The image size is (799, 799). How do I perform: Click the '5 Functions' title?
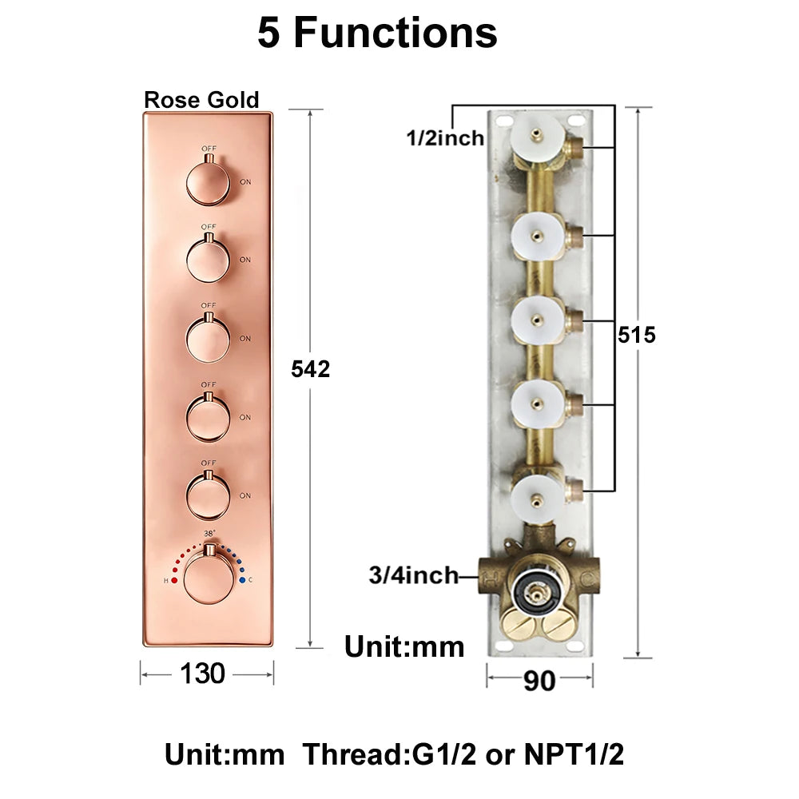tap(377, 33)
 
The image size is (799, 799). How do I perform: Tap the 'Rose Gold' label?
tap(201, 99)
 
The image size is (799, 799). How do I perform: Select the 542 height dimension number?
tap(310, 369)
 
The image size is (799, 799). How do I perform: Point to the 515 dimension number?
tap(637, 335)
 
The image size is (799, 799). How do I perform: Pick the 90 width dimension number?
tap(539, 681)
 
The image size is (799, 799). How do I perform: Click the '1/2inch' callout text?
tap(445, 138)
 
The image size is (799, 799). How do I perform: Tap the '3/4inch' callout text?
tap(414, 575)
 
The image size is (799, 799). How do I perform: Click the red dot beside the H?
tap(174, 580)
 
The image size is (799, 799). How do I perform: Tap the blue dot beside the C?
tap(242, 580)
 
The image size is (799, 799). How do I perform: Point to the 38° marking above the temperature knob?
tap(209, 534)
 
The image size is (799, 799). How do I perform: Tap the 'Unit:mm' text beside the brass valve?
tap(404, 647)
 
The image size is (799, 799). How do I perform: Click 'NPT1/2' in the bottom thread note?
tap(574, 754)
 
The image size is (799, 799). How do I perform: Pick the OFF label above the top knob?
tap(209, 149)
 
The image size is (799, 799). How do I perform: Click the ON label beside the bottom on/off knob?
tap(245, 495)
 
